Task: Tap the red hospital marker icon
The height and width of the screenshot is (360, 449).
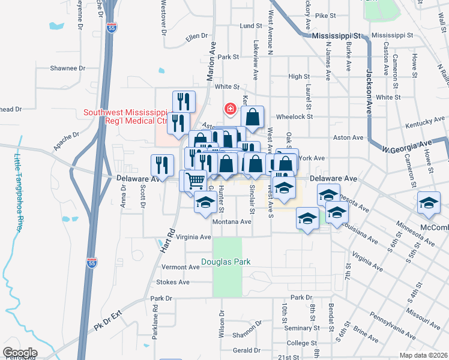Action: pyautogui.click(x=229, y=109)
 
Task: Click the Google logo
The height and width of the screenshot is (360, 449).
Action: pyautogui.click(x=20, y=353)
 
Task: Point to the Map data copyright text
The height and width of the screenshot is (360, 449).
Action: pyautogui.click(x=423, y=355)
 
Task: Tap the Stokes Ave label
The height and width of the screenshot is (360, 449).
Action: pyautogui.click(x=172, y=282)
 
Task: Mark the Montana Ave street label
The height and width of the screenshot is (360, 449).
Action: pyautogui.click(x=232, y=221)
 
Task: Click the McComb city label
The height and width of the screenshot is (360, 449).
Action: pyautogui.click(x=436, y=228)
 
